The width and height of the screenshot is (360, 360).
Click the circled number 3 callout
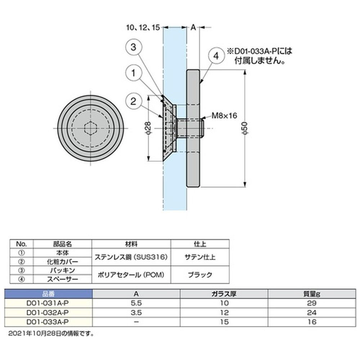click(x=134, y=47)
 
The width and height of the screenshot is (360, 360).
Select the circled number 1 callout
click(x=134, y=73)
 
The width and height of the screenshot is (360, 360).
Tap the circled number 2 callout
click(x=134, y=101)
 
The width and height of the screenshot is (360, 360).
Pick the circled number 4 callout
click(x=216, y=56)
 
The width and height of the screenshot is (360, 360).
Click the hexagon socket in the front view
click(x=91, y=128)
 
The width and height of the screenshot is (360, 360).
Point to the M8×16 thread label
click(x=224, y=116)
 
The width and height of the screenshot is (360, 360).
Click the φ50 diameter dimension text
click(x=245, y=128)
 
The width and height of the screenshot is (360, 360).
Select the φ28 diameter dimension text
click(x=148, y=128)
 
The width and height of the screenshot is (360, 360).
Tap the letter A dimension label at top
click(x=193, y=28)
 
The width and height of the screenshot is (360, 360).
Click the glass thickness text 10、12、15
click(x=143, y=28)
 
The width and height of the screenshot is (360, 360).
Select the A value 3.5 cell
click(x=136, y=313)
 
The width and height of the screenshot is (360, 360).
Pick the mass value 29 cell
click(x=312, y=303)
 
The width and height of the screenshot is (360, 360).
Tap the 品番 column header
click(x=49, y=294)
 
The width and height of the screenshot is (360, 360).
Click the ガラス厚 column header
click(x=224, y=294)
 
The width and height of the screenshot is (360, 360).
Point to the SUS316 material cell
click(x=131, y=257)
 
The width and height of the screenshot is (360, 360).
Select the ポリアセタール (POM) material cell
click(x=131, y=275)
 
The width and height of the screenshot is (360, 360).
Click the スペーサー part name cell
click(x=62, y=279)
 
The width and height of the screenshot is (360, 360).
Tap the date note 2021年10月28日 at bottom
click(x=51, y=333)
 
